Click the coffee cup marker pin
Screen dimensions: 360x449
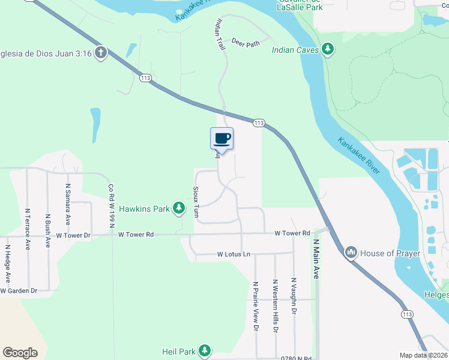tap(221, 139)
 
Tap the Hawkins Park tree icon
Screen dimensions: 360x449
tap(178, 209)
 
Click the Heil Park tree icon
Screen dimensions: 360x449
tap(205, 350)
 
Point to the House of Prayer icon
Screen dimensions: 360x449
tap(351, 253)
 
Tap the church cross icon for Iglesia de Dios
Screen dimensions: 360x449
tap(100, 53)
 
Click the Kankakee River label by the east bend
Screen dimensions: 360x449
tap(359, 155)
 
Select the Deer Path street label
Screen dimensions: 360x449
tap(245, 43)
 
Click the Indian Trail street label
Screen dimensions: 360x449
tap(220, 32)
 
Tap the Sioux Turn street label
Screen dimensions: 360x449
tap(196, 201)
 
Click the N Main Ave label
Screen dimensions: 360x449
tap(316, 259)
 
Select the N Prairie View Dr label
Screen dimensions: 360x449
tap(255, 307)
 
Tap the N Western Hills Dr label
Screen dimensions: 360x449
tap(275, 305)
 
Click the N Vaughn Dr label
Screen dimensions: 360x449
tap(294, 295)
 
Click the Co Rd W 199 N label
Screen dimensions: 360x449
tap(111, 206)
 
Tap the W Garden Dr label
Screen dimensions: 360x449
tap(19, 290)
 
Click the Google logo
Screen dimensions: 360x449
tap(20, 353)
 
